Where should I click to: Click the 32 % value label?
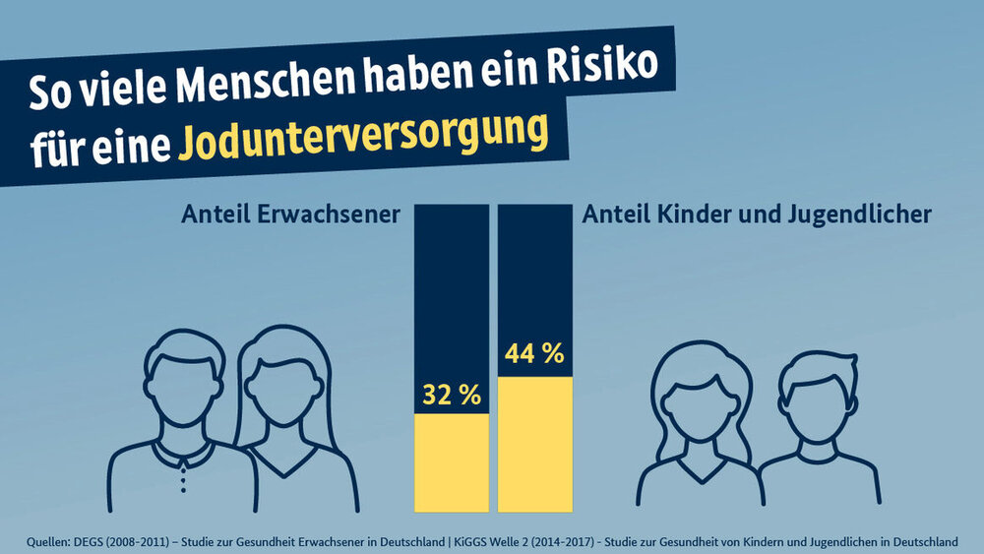[x=452, y=396]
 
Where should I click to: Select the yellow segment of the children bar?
[x=534, y=443]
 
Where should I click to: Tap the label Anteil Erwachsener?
[x=290, y=215]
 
